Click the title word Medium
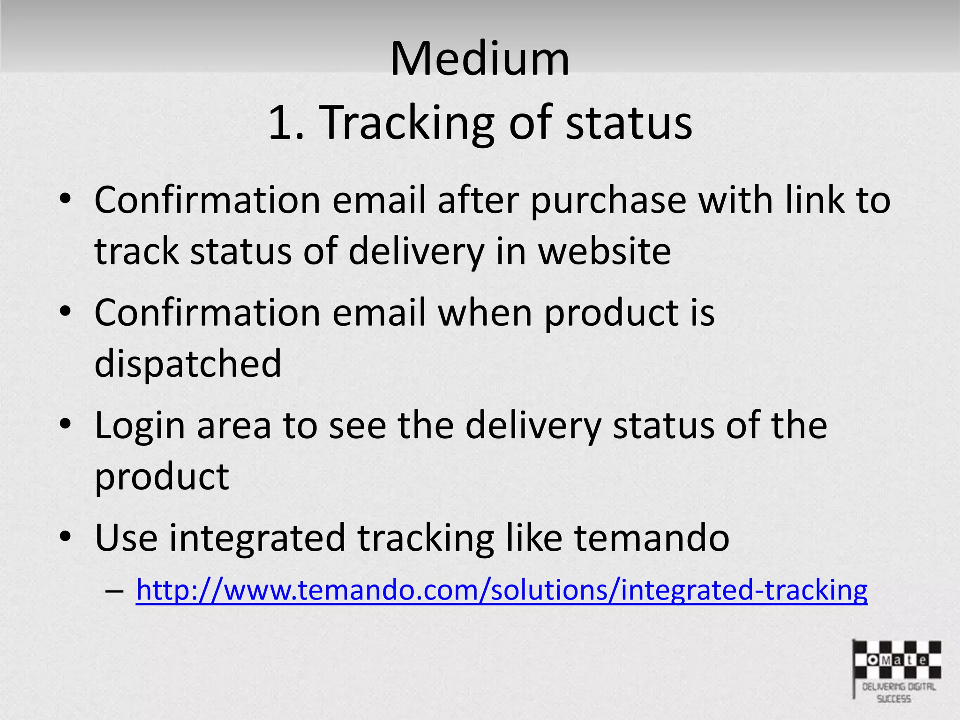480,59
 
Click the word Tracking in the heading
408,123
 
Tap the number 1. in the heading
286,123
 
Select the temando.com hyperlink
502,590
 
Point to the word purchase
608,201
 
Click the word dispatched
188,363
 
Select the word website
604,251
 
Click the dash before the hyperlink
115,590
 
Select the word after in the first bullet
478,201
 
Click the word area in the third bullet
234,426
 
